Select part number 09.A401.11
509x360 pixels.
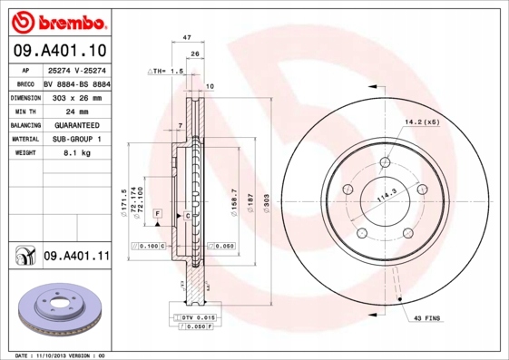(75, 257)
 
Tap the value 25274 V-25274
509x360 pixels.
(76, 70)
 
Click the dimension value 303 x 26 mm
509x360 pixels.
(75, 96)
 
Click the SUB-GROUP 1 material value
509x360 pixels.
(75, 139)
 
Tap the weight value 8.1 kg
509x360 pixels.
(75, 153)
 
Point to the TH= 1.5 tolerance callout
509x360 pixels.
(166, 70)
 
